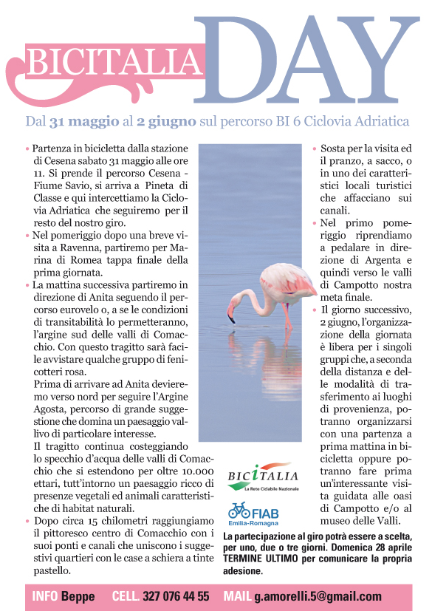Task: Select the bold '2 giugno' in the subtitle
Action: click(x=169, y=120)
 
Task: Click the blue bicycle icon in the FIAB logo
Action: click(x=239, y=511)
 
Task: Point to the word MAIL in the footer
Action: click(x=239, y=596)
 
